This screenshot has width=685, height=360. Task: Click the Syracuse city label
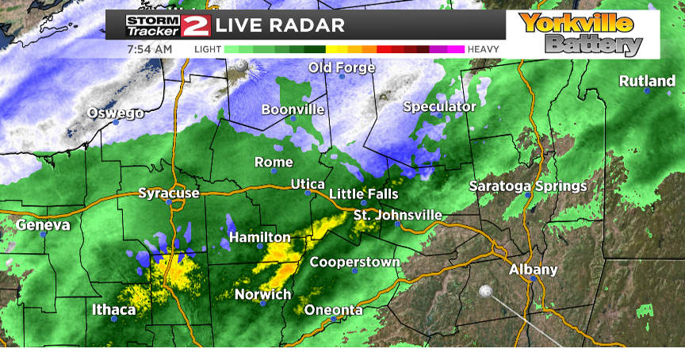168,193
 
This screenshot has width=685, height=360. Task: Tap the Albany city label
534,270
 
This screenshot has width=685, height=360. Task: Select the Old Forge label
342,67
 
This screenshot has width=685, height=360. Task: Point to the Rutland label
646,81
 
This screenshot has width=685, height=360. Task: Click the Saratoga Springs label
527,186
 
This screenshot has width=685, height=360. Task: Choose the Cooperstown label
354,262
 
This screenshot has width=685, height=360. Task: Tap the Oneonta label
334,310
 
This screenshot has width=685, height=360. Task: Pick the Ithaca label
113,309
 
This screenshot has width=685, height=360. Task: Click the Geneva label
43,225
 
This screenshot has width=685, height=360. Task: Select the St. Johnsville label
398,216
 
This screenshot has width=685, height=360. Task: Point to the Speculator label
439,106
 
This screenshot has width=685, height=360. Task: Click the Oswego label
115,113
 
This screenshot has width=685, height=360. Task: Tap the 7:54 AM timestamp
150,49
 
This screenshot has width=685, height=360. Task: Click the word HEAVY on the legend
483,49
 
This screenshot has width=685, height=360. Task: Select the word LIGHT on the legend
208,49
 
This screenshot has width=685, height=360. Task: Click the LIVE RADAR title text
280,25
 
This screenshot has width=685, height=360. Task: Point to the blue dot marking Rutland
648,91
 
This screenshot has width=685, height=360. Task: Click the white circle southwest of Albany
485,292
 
